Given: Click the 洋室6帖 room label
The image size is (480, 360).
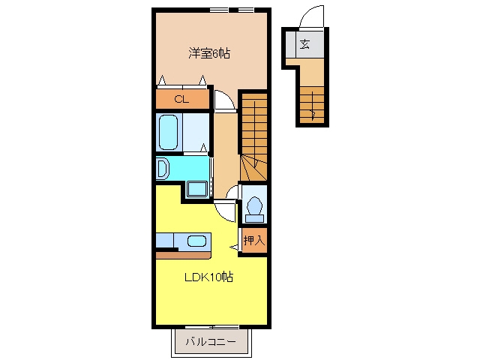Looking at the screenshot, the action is point(209,53).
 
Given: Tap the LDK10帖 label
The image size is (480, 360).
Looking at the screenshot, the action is point(208,277).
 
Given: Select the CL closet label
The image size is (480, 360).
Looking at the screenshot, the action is point(181,99).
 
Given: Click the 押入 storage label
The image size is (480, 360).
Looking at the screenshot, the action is point(253,240).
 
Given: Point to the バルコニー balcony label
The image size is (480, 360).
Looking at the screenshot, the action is point(211,342).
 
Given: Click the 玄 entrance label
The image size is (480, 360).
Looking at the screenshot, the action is point(304,44).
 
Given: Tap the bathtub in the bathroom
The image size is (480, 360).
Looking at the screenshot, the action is point(168,132).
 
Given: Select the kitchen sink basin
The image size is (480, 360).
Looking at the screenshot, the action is point(196,241).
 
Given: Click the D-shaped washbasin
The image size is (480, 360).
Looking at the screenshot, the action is point(163,168).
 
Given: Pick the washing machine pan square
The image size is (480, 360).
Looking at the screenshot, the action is point(197,189).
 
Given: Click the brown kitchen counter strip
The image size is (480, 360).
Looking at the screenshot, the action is point(183,255).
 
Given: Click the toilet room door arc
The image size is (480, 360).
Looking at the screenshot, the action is point(230,190).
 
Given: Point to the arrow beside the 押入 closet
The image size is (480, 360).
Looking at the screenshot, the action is point(234,247).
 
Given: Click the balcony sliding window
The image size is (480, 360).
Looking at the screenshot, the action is point(211,327).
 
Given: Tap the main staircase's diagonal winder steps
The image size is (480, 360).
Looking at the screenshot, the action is point(253,168).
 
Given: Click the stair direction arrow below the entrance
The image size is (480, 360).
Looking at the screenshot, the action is point(312,106).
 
